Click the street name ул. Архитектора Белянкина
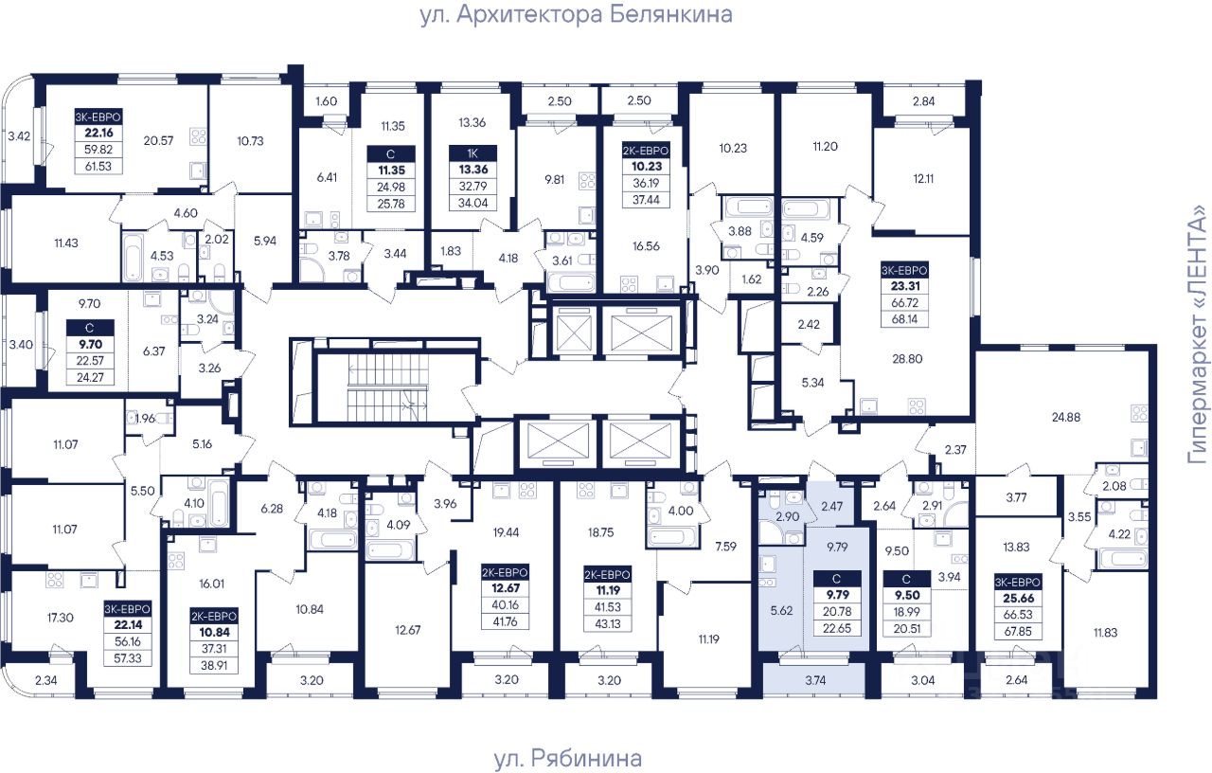(577, 14)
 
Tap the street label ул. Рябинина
(567, 759)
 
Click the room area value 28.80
(907, 359)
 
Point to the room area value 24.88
(1066, 417)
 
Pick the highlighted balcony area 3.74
(815, 680)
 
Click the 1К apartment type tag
(472, 153)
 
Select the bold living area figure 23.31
(905, 286)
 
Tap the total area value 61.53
(98, 166)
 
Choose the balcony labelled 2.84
(923, 101)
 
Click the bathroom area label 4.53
(162, 256)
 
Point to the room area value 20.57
(158, 141)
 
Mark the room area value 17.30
(60, 618)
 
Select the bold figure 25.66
(1018, 598)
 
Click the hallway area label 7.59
(725, 547)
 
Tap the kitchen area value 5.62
(781, 611)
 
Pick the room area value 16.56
(646, 246)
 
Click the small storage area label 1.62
(752, 279)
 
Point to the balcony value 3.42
(19, 136)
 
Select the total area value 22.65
(837, 628)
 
